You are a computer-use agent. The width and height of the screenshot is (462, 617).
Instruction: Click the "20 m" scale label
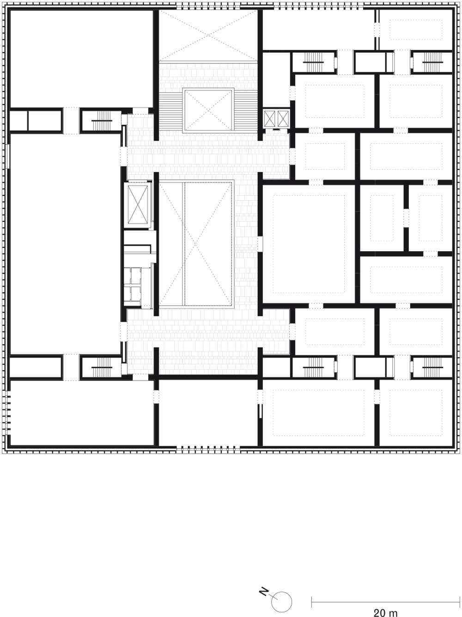pyautogui.click(x=385, y=611)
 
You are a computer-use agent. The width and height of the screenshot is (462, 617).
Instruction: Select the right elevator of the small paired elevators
pyautogui.click(x=283, y=118)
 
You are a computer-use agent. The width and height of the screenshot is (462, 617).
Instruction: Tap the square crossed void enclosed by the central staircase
pyautogui.click(x=208, y=110)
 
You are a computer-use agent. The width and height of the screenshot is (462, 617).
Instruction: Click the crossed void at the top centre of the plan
pyautogui.click(x=208, y=35)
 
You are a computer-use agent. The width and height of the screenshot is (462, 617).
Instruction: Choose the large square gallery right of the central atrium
pyautogui.click(x=309, y=244)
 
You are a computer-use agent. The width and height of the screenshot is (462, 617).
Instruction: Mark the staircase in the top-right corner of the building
pyautogui.click(x=432, y=62)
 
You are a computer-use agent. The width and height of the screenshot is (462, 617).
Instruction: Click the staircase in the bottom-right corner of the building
pyautogui.click(x=432, y=367)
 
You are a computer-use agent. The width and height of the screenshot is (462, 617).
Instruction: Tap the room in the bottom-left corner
pyautogui.click(x=82, y=413)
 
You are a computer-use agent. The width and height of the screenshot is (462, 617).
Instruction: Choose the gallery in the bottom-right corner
pyautogui.click(x=415, y=413)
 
